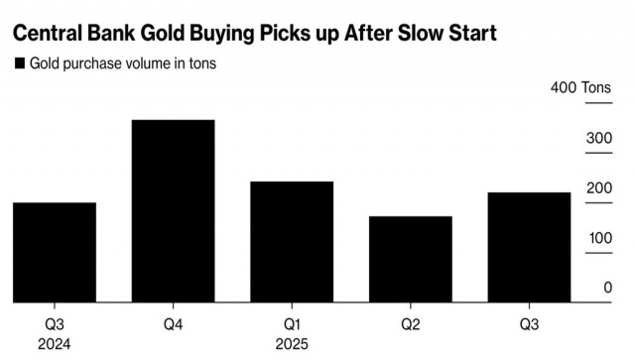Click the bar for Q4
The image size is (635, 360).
(173, 211)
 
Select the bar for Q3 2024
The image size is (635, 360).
(55, 253)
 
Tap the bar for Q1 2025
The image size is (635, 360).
(292, 242)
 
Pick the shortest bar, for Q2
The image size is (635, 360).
(410, 259)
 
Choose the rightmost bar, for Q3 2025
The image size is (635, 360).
(529, 247)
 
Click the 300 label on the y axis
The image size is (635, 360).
(598, 138)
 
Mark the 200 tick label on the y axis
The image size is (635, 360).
(598, 187)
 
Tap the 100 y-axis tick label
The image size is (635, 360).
(598, 238)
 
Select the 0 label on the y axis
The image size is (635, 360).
(606, 288)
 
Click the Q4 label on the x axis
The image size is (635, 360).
(173, 324)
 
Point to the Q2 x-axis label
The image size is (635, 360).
(410, 324)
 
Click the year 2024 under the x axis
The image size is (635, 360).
(55, 345)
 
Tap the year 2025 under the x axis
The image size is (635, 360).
(292, 345)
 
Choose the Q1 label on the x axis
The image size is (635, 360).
(292, 324)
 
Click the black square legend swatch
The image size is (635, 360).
(19, 64)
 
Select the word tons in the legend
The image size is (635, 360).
(200, 64)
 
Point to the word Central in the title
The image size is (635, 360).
(47, 34)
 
